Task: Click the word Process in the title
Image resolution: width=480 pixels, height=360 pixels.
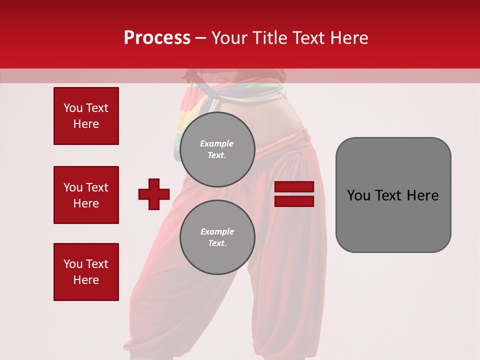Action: (157, 38)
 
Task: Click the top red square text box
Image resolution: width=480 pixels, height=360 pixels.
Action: (86, 116)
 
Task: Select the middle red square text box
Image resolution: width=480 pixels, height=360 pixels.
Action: (86, 195)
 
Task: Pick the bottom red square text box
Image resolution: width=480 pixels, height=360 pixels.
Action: (86, 272)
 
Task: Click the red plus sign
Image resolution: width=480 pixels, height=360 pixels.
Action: (154, 194)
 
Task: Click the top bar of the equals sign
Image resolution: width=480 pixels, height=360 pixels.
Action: (294, 186)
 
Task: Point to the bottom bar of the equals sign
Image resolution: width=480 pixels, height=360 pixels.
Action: (294, 201)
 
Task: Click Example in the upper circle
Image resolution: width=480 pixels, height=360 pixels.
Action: (216, 143)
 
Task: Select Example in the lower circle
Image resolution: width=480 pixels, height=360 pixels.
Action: (217, 231)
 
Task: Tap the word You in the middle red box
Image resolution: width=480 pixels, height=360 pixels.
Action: (72, 187)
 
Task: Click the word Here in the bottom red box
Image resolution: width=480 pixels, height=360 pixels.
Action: (86, 280)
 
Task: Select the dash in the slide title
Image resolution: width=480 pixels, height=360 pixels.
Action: (200, 38)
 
